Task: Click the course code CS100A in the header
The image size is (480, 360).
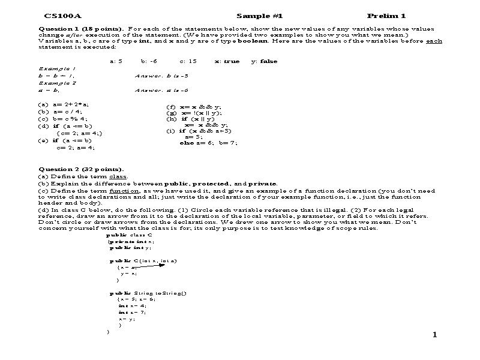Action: tap(58, 16)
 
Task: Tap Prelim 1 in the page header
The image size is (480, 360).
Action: tap(386, 16)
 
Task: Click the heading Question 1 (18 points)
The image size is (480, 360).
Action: tap(81, 29)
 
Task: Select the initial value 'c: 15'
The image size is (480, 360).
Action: tap(188, 61)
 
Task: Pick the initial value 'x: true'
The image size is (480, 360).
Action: tap(227, 61)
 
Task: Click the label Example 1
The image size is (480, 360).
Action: tap(53, 69)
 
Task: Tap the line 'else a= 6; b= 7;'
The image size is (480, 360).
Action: tap(208, 143)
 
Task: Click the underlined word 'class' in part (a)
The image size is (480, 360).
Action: tap(118, 177)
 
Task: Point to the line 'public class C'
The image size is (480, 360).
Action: tap(129, 235)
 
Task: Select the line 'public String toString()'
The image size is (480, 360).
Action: tap(148, 293)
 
